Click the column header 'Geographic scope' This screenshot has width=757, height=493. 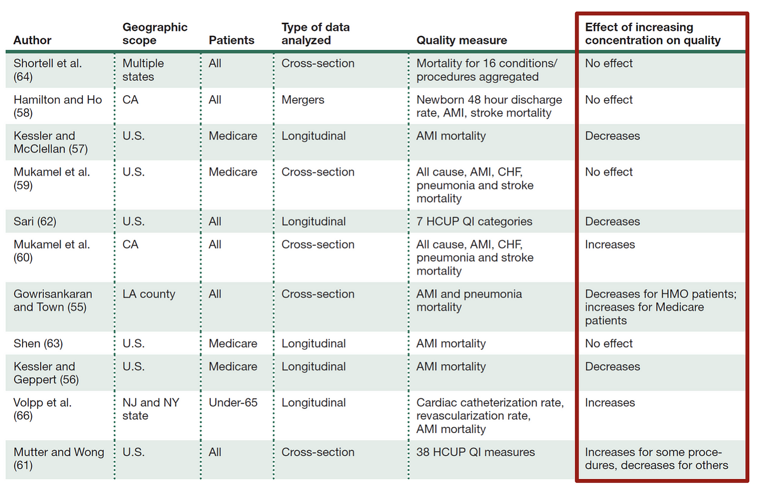coord(155,34)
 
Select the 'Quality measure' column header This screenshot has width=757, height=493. coord(461,41)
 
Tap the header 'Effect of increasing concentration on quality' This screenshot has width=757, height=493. coord(652,34)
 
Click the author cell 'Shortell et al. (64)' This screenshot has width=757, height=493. coord(48,70)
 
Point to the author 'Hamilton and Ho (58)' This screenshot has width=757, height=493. coord(57,106)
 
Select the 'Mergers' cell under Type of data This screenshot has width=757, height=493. coord(303,100)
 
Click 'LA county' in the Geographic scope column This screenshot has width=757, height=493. coord(149,294)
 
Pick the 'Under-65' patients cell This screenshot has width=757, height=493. coord(233,403)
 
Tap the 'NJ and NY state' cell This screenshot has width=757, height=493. coord(150,409)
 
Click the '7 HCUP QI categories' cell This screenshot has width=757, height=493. coord(474,222)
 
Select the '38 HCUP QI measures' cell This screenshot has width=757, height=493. coord(475,452)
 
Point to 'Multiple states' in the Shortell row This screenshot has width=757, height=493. coord(143,70)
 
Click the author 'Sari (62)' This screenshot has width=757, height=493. coord(35,222)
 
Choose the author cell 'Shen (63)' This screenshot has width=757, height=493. coord(38,344)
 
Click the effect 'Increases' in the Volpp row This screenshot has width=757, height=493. coord(609,403)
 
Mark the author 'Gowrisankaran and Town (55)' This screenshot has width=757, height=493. coord(52,301)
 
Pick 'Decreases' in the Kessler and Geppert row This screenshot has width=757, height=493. coord(612,367)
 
